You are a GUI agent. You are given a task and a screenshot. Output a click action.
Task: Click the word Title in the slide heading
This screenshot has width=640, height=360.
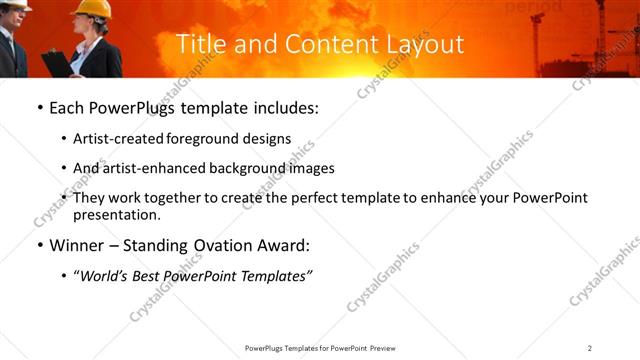(197, 45)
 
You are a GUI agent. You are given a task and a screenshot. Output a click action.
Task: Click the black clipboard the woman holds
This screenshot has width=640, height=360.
(57, 63)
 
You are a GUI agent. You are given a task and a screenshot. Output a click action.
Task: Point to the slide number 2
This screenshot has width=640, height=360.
(590, 347)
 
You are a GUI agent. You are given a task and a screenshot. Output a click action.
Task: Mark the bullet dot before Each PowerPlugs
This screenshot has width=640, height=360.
(39, 108)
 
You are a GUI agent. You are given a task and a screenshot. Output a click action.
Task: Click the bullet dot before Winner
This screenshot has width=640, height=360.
(39, 245)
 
